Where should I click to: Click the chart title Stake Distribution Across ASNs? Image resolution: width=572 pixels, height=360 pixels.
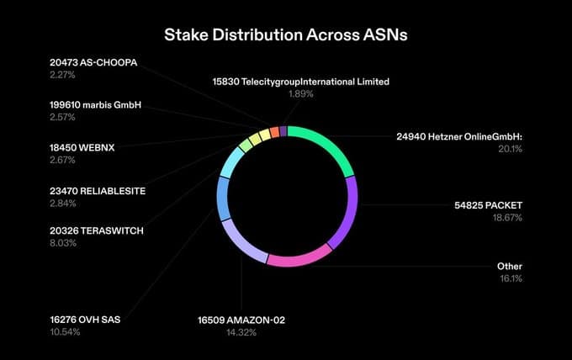point(286,35)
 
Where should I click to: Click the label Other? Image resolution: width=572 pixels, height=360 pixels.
point(511,267)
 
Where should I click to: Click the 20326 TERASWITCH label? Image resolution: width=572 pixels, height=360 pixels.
point(98,230)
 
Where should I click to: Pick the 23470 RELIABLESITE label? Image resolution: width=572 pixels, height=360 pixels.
point(98,191)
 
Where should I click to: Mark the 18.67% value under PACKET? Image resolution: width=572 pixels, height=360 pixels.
point(507,218)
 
